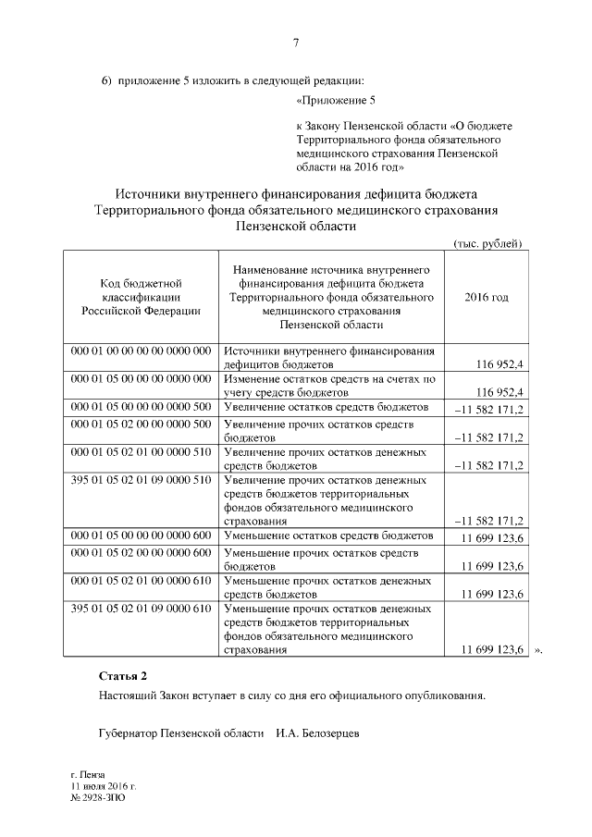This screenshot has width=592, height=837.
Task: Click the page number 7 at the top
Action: coord(295,43)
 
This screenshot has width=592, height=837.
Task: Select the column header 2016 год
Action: coord(486,298)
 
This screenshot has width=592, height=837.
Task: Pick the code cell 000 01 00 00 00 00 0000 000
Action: coord(142,351)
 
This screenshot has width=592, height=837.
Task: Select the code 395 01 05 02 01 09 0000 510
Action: coord(142,481)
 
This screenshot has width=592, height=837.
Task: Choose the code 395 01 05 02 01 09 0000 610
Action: coord(142,609)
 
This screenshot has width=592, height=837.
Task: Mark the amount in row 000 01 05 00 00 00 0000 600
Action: coord(487,537)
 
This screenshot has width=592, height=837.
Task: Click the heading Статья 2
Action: coord(123,676)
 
